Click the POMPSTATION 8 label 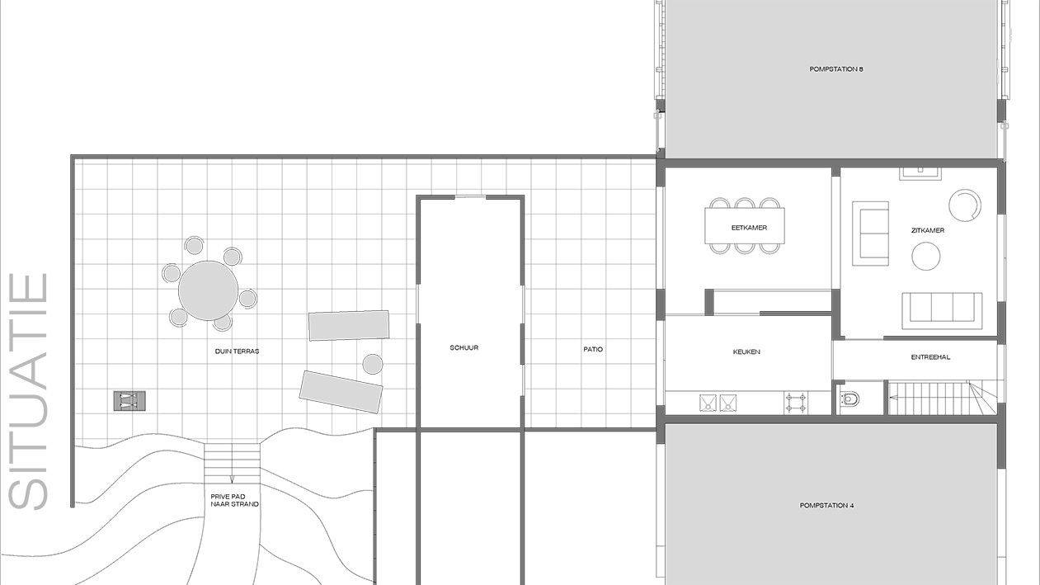835,69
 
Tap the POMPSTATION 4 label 826,505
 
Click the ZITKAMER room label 928,230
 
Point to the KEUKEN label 746,351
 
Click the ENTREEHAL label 930,357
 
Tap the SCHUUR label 464,347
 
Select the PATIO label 593,349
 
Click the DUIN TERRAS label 237,351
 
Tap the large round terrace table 208,290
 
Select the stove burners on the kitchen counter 795,403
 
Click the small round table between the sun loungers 373,363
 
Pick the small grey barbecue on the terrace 129,401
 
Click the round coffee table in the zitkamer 925,257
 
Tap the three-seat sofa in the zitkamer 942,309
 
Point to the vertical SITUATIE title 29,391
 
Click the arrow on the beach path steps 232,477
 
